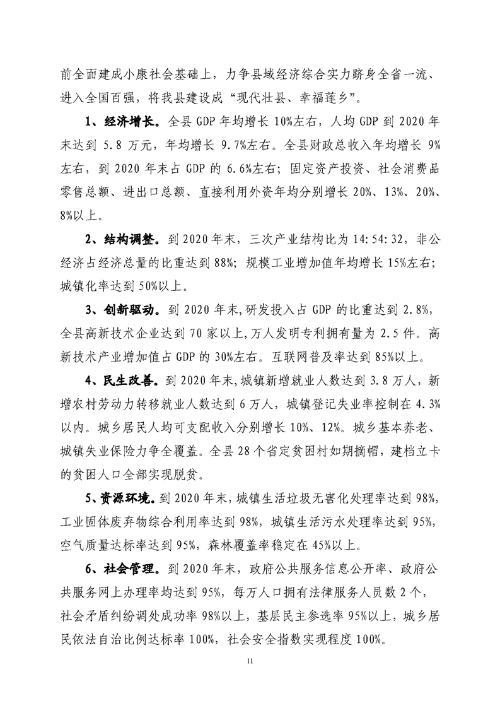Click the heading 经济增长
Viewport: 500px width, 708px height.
[x=127, y=118]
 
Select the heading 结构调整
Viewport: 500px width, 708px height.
[x=127, y=240]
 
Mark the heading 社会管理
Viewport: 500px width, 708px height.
[x=127, y=570]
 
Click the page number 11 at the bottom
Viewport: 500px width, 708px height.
[x=250, y=661]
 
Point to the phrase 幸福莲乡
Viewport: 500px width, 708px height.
[x=334, y=95]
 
